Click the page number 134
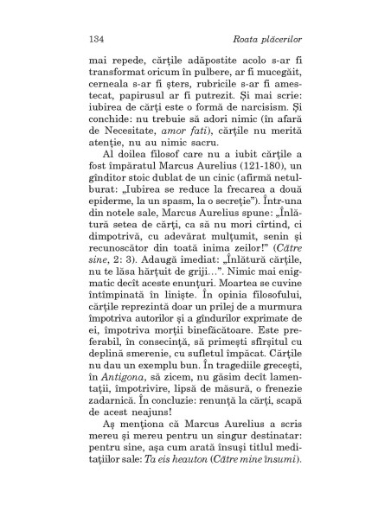click(x=97, y=38)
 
